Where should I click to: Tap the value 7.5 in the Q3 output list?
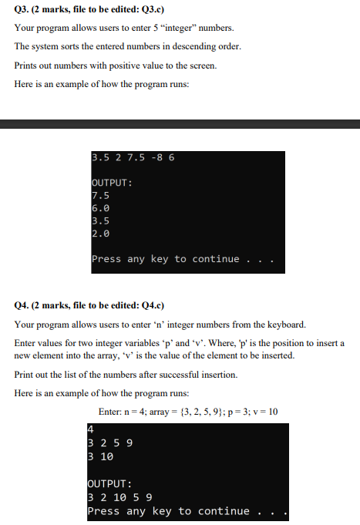100,195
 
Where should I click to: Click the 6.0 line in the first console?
100,208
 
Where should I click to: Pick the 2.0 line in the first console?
100,234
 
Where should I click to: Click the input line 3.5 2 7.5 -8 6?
133,157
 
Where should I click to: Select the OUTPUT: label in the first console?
112,183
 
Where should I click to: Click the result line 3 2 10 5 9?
119,497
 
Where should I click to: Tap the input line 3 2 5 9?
109,443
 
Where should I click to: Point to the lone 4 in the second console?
91,430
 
